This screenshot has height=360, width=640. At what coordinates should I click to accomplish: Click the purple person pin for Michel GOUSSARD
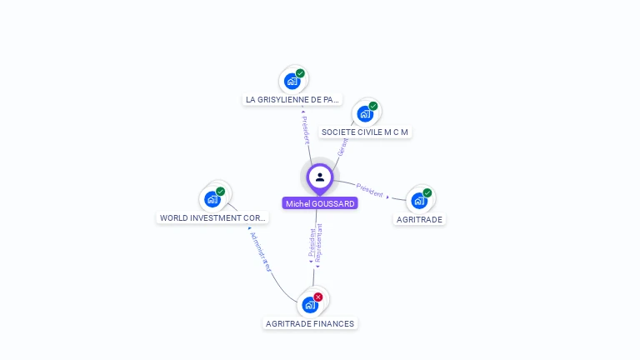tap(320, 177)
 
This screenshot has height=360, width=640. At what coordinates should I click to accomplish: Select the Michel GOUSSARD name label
tap(320, 203)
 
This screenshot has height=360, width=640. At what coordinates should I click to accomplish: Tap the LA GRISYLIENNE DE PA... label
tap(292, 99)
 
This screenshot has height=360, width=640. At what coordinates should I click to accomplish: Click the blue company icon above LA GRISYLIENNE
tap(292, 81)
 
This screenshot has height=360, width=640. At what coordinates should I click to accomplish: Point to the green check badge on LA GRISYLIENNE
tap(300, 73)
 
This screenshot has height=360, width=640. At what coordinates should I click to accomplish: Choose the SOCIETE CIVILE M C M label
tap(365, 132)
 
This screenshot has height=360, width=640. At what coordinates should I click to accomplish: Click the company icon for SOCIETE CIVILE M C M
tap(364, 114)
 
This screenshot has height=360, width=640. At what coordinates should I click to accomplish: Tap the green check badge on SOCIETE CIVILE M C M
tap(373, 106)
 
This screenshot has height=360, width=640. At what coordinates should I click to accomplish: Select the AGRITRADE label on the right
tap(419, 219)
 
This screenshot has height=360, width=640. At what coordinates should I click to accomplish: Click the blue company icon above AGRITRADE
tap(418, 200)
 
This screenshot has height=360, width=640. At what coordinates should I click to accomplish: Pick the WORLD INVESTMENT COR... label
tap(213, 218)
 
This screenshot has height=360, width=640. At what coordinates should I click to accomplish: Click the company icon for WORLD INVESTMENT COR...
tap(212, 199)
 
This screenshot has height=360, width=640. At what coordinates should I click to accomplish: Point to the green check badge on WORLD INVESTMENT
tap(221, 191)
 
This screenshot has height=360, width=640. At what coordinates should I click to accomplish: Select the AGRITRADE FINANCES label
tap(310, 323)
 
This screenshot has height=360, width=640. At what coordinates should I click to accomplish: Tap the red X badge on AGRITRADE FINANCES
tap(318, 297)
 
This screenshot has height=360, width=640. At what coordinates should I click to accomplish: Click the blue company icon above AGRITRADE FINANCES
tap(310, 305)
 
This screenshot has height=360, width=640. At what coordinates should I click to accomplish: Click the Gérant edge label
tap(342, 147)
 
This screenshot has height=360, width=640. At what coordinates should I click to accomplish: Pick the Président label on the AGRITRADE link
tap(369, 190)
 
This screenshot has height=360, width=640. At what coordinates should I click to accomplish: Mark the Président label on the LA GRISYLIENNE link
tap(305, 130)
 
